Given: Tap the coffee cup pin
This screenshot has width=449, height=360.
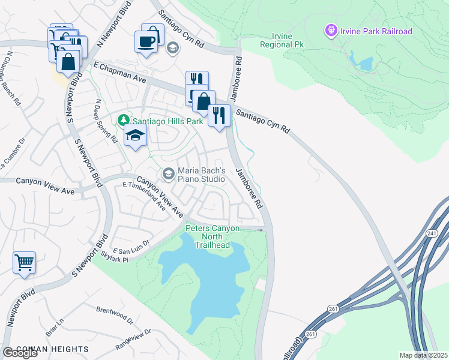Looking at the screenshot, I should (x=147, y=41).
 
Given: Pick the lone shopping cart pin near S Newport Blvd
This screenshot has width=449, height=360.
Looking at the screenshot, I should (x=24, y=262).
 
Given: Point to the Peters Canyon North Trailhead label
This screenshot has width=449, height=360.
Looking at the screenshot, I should (x=212, y=236).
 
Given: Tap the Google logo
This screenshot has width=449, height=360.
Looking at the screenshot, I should (x=20, y=353).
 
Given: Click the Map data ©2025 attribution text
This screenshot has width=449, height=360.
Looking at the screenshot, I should (x=423, y=355).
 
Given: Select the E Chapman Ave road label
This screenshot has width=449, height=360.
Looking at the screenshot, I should (x=120, y=71).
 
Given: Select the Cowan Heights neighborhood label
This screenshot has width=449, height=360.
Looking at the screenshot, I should (x=53, y=349).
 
